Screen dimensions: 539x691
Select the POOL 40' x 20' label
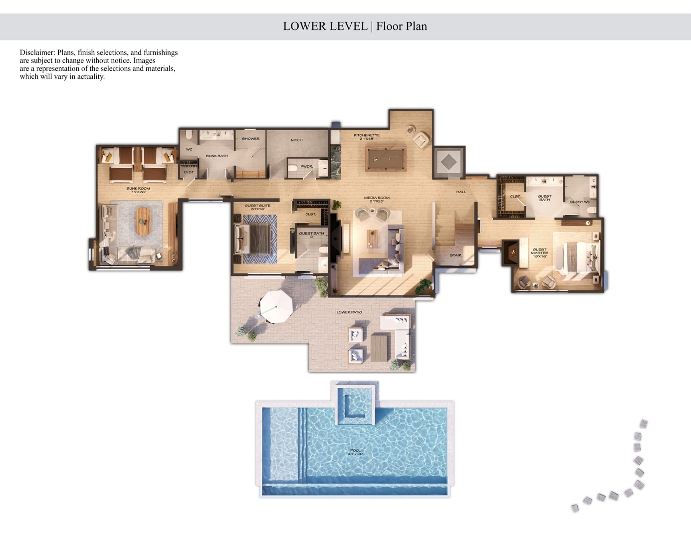point(355,452)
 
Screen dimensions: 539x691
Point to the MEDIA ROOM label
point(377,199)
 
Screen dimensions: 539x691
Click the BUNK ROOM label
point(138,190)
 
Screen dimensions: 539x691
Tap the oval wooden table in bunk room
point(142,221)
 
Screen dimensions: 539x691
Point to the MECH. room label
point(297,140)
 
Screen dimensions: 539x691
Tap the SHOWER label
point(250,139)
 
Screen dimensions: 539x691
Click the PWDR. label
point(306,167)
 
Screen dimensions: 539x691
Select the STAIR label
point(456,255)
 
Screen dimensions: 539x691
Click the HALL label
point(461,192)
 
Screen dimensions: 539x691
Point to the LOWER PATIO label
point(349,312)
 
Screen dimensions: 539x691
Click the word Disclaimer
point(37,52)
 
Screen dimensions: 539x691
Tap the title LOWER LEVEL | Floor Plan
point(355,26)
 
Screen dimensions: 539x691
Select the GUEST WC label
point(580,202)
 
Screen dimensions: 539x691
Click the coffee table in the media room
point(372,238)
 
